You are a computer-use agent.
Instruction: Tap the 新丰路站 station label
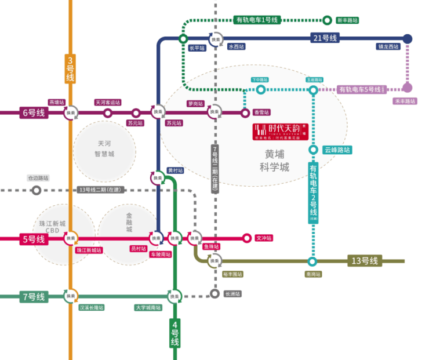[348, 20]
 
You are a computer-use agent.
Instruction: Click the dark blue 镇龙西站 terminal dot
[408, 39]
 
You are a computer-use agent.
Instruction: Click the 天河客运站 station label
[108, 103]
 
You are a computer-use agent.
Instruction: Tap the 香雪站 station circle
[245, 112]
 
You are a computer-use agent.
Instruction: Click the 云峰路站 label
[337, 150]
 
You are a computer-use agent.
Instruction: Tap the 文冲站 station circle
[246, 238]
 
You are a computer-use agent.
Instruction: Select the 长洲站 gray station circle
[215, 294]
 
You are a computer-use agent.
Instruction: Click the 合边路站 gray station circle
[37, 190]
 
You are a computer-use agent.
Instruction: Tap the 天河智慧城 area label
[105, 149]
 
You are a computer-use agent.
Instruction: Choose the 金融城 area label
[129, 222]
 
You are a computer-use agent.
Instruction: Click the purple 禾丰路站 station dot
[408, 88]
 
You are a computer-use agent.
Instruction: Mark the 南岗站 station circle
[312, 261]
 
